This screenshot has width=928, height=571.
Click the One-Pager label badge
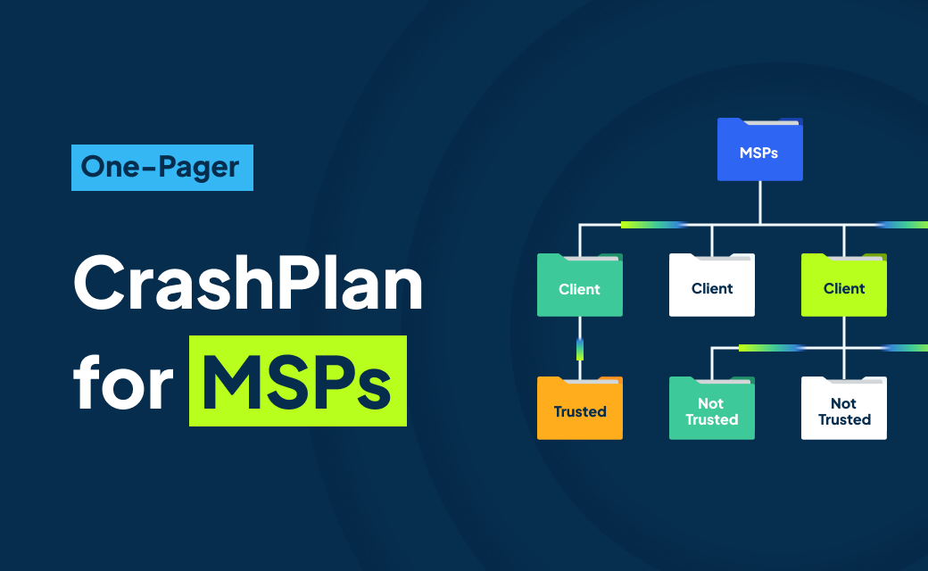click(162, 168)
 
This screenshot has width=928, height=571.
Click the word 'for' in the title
click(120, 382)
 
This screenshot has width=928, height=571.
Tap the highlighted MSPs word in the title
click(297, 382)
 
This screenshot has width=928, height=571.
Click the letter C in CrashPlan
click(100, 282)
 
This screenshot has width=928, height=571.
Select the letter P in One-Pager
click(161, 167)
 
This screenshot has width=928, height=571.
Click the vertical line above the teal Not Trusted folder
click(711, 361)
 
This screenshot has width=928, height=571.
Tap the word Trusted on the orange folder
click(579, 412)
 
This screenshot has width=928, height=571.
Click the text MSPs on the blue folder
click(758, 153)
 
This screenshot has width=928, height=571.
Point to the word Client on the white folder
click(711, 289)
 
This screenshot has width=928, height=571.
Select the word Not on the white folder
click(843, 403)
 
